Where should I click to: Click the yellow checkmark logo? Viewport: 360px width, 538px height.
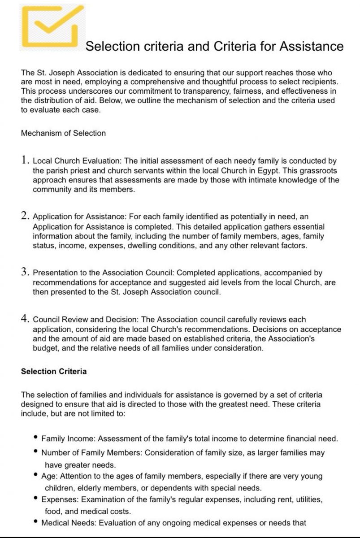pos(52,26)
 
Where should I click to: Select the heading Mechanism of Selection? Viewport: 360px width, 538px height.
pos(63,133)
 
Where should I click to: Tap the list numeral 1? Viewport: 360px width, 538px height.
pos(25,160)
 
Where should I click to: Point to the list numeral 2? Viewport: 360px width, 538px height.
pos(25,215)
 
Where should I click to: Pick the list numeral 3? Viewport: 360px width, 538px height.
pos(25,272)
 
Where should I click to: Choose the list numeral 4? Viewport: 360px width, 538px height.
pos(25,319)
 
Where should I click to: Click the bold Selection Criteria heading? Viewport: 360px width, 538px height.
pos(54,372)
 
